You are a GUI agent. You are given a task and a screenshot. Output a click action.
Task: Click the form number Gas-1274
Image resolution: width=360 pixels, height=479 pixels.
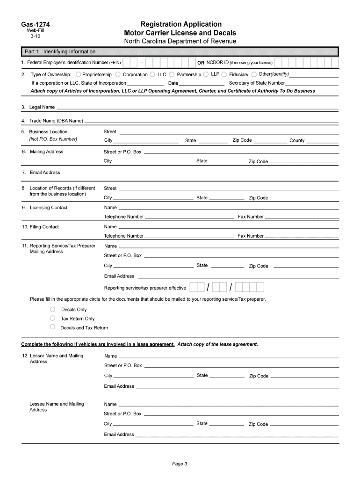pos(35,24)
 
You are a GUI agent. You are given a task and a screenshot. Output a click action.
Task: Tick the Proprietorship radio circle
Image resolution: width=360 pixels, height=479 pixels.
pos(78,74)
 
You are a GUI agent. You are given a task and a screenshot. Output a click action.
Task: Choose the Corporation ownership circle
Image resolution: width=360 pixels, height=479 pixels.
pos(118,74)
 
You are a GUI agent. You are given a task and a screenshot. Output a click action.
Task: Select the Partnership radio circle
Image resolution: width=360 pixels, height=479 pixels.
pos(172,74)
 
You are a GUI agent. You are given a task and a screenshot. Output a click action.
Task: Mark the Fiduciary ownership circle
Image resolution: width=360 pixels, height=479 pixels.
pos(224,74)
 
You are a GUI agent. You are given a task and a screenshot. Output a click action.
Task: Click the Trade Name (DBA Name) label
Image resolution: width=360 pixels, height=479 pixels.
pos(56,121)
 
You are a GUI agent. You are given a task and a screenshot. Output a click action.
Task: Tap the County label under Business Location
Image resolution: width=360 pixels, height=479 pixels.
pos(297,140)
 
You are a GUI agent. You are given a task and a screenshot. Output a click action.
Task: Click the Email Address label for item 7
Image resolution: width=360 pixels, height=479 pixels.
pos(45,173)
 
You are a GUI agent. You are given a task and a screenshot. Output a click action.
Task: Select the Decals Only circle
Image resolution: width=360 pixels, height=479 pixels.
pos(53,309)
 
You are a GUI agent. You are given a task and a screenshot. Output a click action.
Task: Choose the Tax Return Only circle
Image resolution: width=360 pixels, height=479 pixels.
pos(53,318)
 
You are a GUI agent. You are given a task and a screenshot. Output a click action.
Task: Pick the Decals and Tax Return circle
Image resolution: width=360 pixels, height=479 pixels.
pos(53,327)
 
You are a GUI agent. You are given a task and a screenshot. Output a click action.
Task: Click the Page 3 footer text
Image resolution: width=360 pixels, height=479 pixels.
pos(180,464)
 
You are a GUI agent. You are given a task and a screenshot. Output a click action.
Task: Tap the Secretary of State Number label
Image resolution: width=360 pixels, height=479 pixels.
pos(257,83)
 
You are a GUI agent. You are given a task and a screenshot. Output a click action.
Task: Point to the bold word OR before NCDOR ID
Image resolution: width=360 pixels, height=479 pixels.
pos(201,63)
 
